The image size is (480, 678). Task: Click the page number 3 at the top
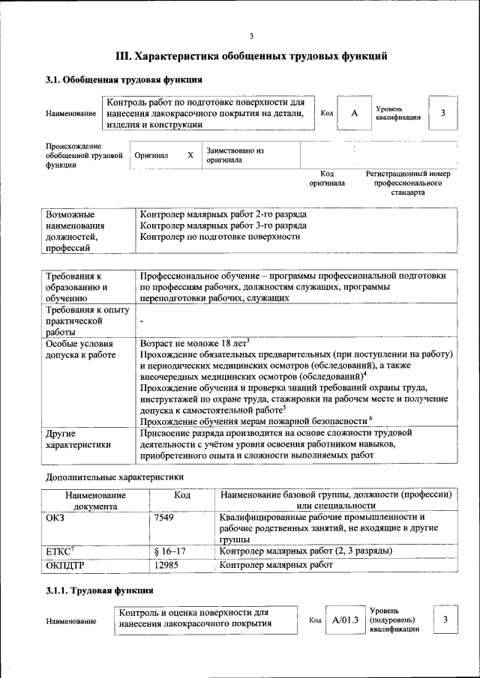point(251,36)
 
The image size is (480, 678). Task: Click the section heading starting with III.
point(251,56)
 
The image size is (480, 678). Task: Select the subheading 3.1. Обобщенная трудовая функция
point(123,79)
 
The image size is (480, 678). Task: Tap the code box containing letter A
point(354,112)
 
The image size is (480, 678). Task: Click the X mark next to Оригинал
point(190,155)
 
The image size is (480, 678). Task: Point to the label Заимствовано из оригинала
point(235,155)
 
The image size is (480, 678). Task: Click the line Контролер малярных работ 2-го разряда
point(223,214)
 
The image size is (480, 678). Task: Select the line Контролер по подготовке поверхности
point(220,237)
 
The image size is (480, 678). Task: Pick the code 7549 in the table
point(164,517)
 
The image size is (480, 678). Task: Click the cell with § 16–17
point(169,551)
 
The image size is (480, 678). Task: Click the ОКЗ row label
point(55,517)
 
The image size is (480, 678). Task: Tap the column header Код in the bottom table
point(182,495)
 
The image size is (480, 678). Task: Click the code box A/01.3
point(346,620)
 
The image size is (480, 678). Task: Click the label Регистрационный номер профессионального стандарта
point(407,183)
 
